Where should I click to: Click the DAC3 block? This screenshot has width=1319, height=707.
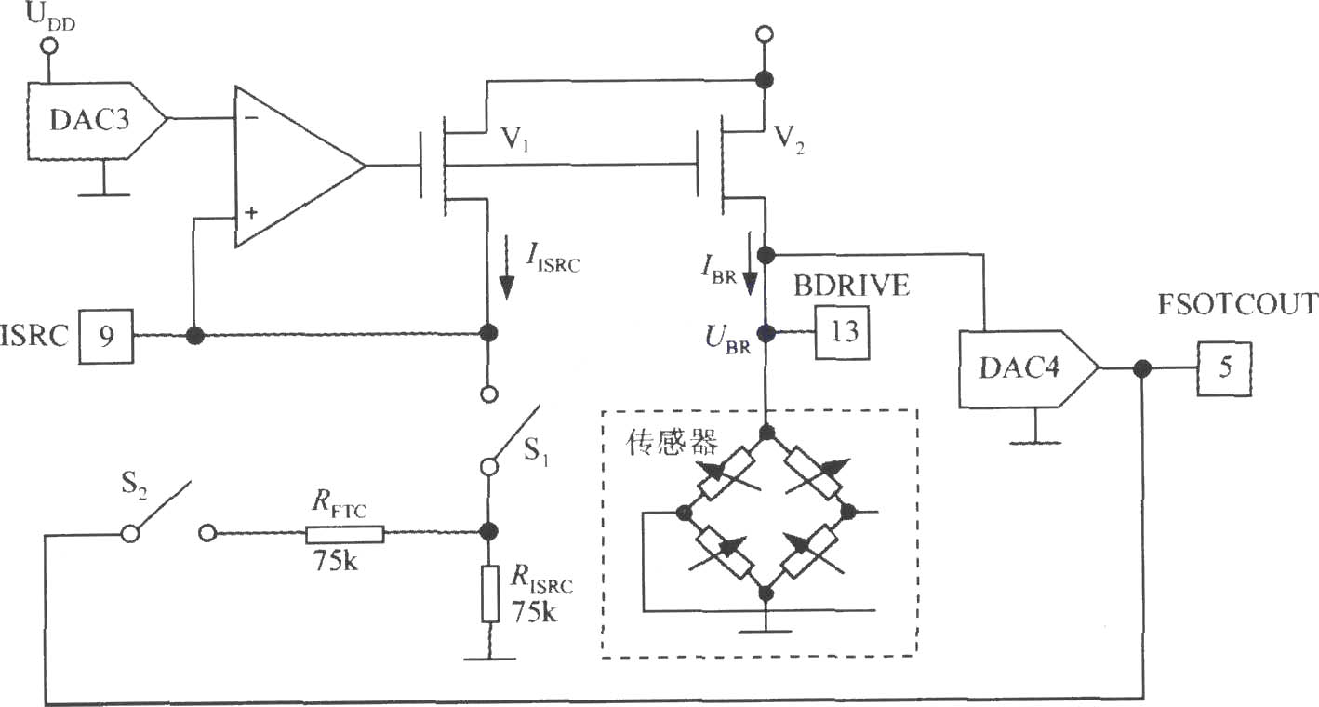point(97,121)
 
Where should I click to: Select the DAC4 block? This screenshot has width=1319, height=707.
point(1029,369)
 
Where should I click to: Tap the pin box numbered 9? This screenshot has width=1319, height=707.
point(106,337)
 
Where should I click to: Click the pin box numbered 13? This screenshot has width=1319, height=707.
point(842,333)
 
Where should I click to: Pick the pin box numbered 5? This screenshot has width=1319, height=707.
point(1224,368)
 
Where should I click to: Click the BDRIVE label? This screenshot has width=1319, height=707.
point(851,287)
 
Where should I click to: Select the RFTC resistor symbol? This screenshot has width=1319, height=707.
point(344,534)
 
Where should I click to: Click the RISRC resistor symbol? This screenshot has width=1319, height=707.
point(490,594)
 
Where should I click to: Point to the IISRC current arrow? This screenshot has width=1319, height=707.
point(506,268)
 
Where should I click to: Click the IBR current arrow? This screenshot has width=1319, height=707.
point(750,263)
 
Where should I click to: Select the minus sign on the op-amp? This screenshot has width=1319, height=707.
point(251,118)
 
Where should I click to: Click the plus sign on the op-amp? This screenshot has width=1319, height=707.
point(251,212)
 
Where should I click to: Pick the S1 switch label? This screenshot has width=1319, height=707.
point(536,451)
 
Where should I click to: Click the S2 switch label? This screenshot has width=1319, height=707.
point(134,486)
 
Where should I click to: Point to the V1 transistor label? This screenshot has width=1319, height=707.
point(514,140)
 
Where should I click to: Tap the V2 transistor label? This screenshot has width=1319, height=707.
point(789,140)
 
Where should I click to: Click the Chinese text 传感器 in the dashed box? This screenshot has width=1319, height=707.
point(672,442)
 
